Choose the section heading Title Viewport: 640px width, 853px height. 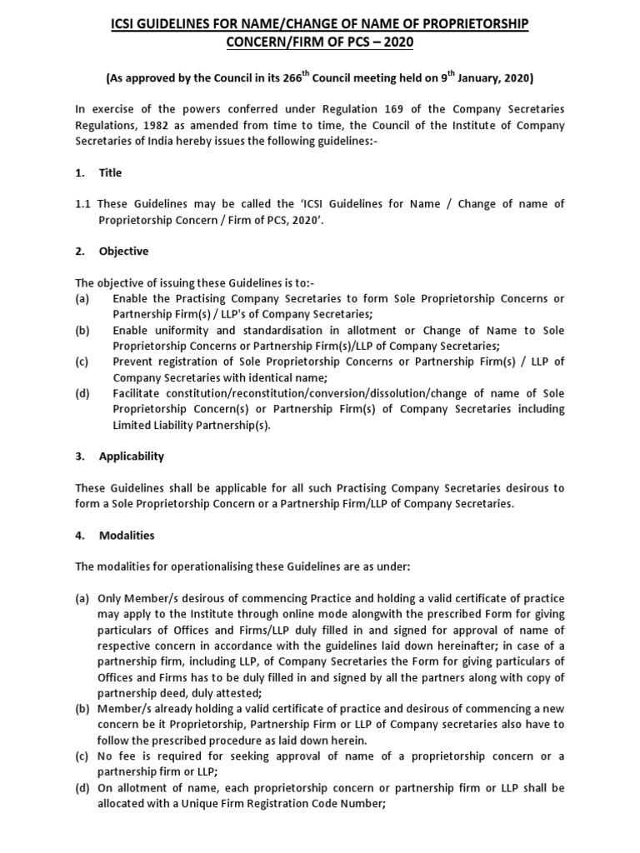click(110, 172)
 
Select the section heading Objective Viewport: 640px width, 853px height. click(123, 251)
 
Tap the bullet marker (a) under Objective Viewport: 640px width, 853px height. click(82, 298)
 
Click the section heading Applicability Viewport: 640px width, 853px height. click(131, 456)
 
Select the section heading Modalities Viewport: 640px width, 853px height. click(127, 535)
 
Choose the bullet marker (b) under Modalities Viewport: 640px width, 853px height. click(83, 708)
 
